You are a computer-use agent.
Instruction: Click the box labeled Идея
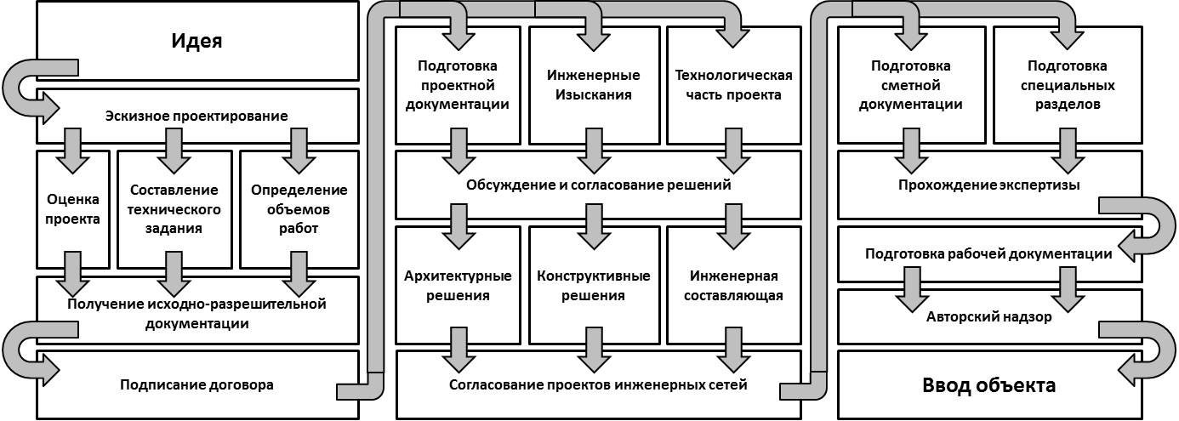point(196,41)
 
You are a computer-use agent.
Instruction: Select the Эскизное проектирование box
point(196,116)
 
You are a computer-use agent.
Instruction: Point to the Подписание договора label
point(196,385)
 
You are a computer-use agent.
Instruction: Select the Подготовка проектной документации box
point(458,85)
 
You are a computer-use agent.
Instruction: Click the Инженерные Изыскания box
point(594,85)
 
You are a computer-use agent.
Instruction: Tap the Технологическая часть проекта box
point(733,85)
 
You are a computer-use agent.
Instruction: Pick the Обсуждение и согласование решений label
point(598,185)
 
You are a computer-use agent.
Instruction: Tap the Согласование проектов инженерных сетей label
point(598,385)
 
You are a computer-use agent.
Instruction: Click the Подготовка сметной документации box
point(910,85)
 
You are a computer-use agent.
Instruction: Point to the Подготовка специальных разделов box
point(1067,85)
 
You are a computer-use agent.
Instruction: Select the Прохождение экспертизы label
point(989,185)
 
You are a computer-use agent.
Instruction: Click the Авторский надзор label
point(989,317)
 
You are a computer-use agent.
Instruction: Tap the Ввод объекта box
point(989,385)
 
